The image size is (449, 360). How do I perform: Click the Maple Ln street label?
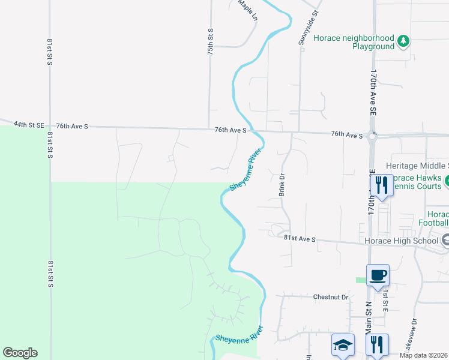pos(246,8)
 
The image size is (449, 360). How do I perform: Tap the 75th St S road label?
pos(211,42)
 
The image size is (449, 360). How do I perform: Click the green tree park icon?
pos(404,41)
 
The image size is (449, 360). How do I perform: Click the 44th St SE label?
pos(29,125)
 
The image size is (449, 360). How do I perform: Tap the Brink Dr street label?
pos(281,185)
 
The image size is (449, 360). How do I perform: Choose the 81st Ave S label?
pos(300,239)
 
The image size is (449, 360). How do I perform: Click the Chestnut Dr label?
pos(331,297)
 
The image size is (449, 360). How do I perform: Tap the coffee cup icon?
pos(378,275)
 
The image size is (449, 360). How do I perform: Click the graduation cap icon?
pos(343,344)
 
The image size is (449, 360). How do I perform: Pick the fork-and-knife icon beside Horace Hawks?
pos(381,185)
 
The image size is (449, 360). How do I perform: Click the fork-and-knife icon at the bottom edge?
pos(377,344)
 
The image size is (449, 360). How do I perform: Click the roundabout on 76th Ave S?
pos(372,136)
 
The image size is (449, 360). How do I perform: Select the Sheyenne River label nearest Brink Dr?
pos(246,170)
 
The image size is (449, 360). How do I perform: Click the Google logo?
pos(20,353)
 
